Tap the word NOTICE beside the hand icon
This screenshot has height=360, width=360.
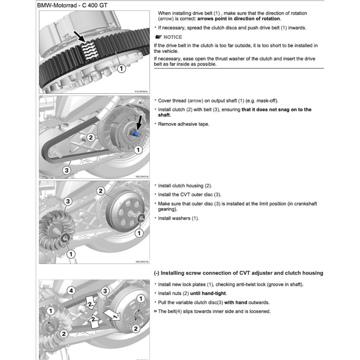[173, 37]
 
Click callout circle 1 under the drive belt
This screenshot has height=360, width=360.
[122, 69]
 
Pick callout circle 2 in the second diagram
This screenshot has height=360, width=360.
[91, 137]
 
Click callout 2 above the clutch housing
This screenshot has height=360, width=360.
[101, 191]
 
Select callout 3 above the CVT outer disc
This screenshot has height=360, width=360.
[68, 201]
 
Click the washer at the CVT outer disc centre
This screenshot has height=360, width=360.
[65, 238]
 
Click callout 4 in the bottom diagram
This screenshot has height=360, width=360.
[72, 291]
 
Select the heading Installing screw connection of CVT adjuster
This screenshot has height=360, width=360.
[239, 273]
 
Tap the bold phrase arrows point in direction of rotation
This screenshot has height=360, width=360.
[239, 19]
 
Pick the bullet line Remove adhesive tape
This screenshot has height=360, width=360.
[184, 124]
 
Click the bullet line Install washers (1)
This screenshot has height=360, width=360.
[178, 218]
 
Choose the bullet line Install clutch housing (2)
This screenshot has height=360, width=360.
[185, 186]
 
